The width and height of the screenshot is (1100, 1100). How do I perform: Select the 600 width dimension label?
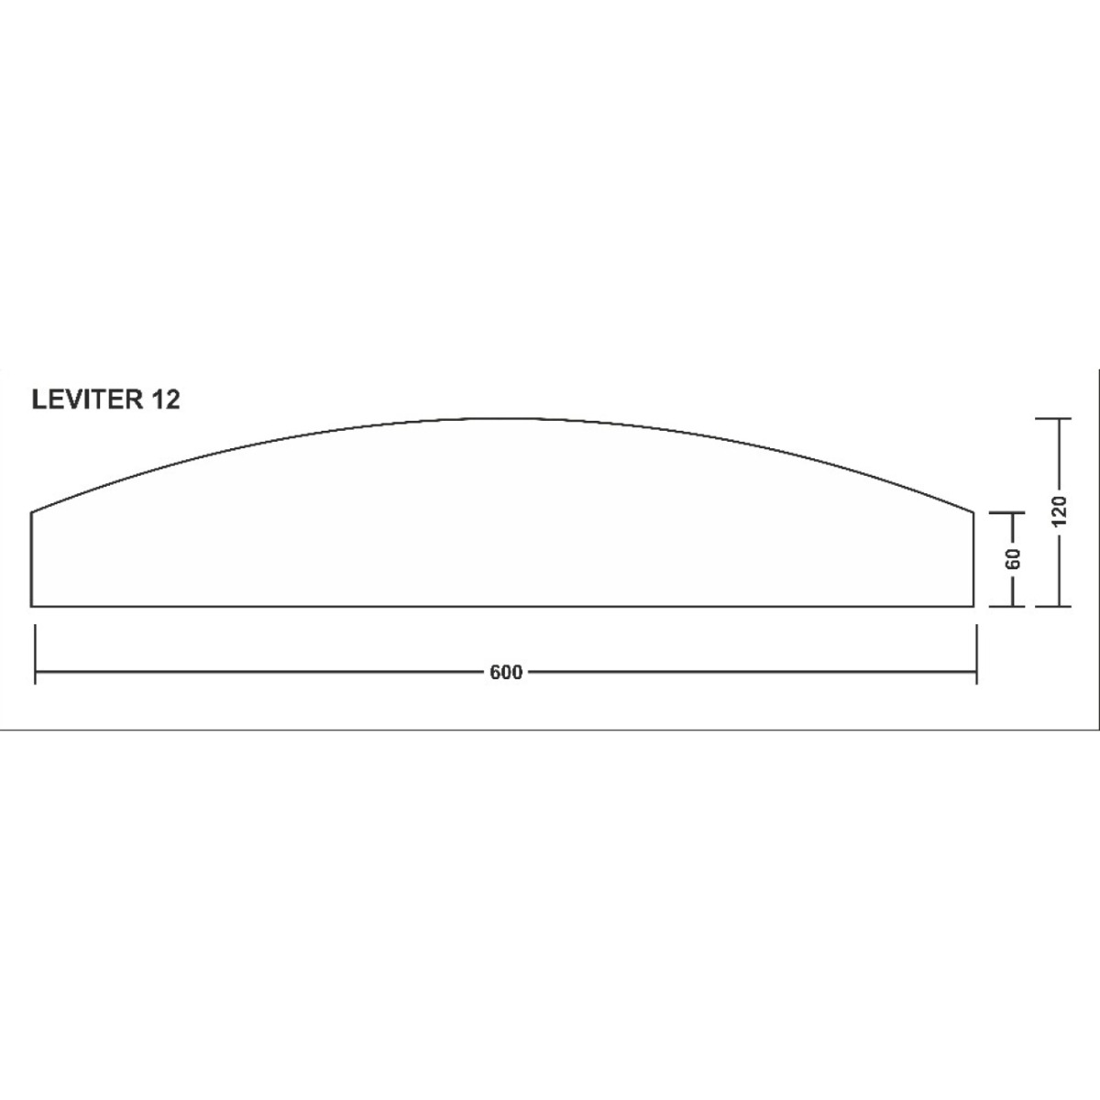506,673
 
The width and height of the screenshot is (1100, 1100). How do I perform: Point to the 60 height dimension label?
1014,558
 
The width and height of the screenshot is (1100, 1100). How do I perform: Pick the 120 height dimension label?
1060,511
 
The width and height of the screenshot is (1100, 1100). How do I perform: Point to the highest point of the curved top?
502,419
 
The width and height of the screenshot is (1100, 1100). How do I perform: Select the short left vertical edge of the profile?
32,559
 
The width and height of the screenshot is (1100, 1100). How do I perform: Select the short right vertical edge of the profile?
973,559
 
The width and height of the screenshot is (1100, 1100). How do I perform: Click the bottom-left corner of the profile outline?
32,606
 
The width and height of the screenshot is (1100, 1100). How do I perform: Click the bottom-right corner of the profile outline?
973,606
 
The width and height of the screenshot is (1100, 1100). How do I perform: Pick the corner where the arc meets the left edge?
32,511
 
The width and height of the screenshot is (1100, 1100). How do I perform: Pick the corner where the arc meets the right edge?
973,511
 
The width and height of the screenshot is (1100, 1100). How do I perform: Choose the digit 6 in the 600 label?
496,673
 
